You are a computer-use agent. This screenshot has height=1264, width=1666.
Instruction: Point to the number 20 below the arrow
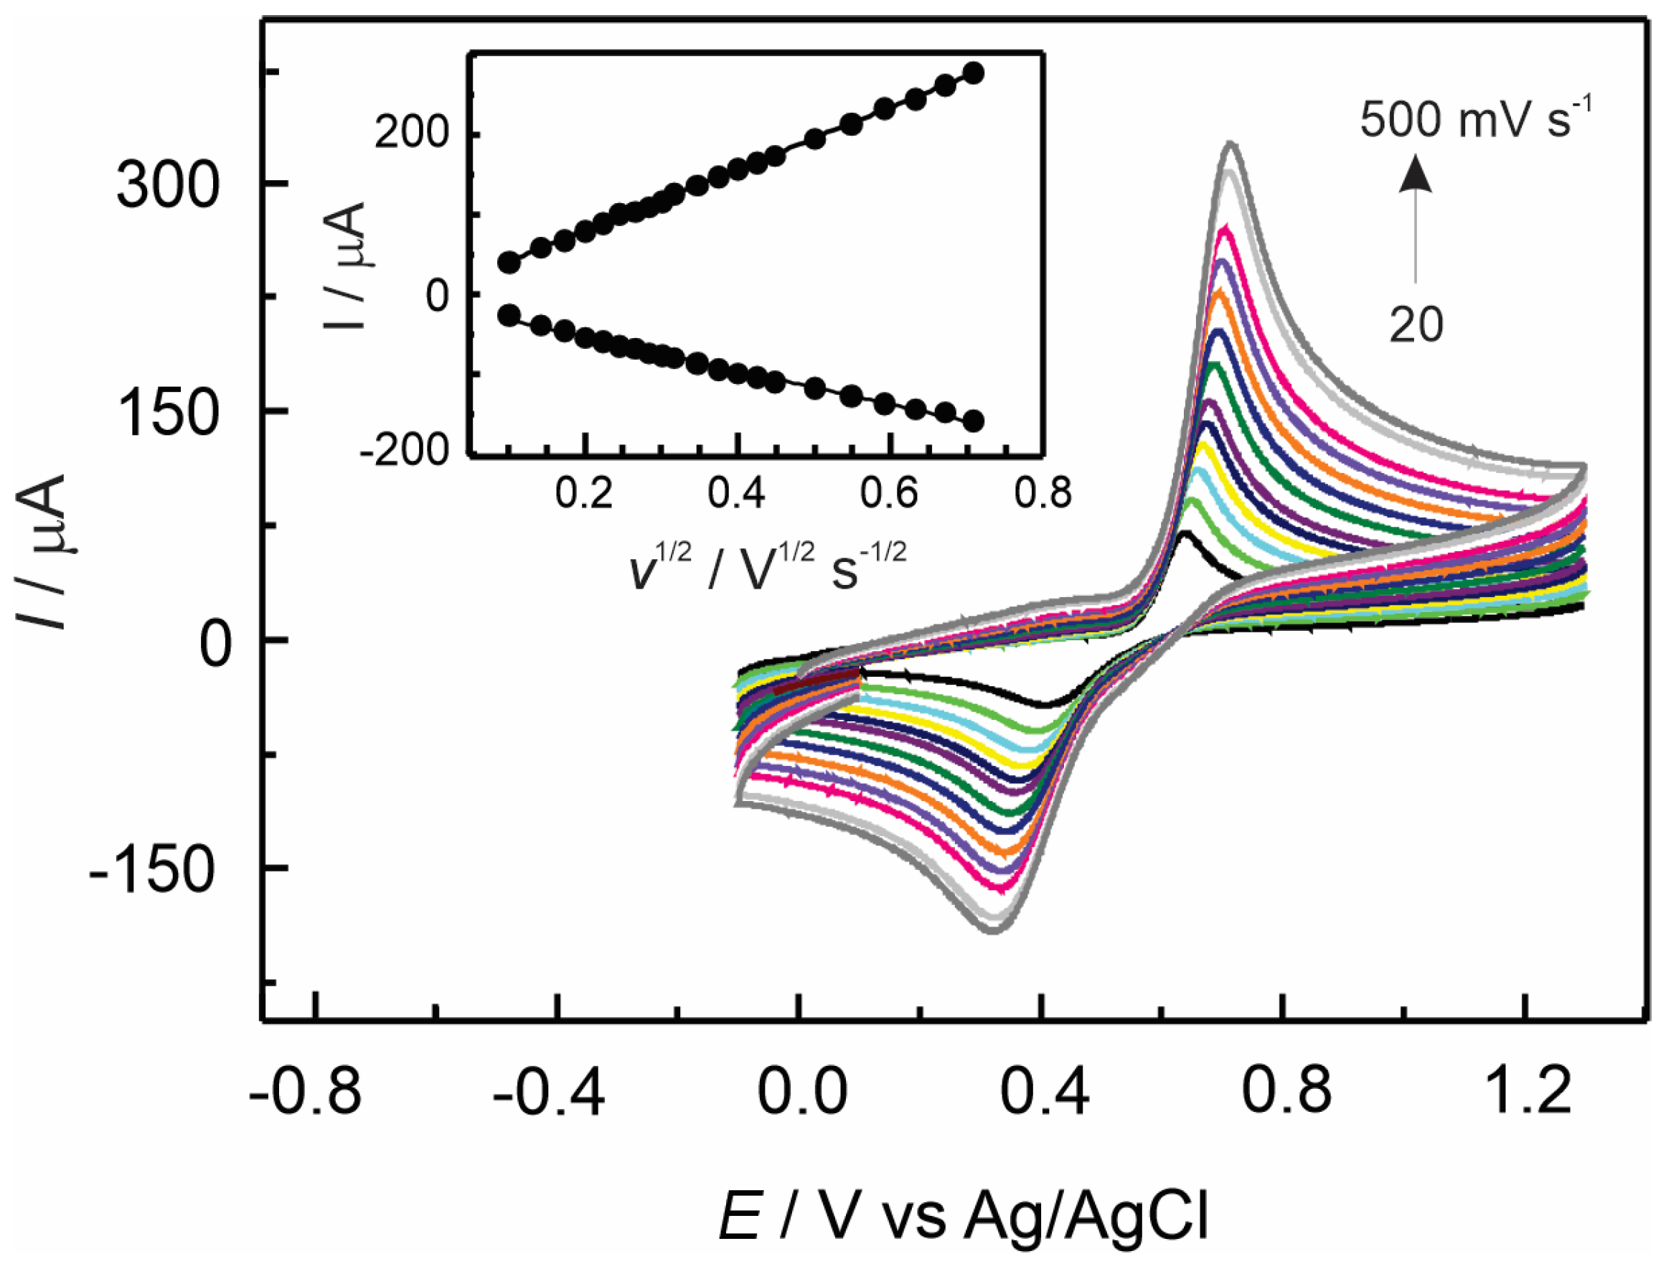coord(1416,324)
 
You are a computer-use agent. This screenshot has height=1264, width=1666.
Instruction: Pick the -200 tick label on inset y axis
coord(405,451)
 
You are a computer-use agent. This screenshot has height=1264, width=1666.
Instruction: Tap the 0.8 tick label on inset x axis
coord(1043,494)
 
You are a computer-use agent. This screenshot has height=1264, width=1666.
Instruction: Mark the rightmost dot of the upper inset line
coord(974,73)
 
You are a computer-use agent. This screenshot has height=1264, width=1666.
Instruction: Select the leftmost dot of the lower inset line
coord(509,315)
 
